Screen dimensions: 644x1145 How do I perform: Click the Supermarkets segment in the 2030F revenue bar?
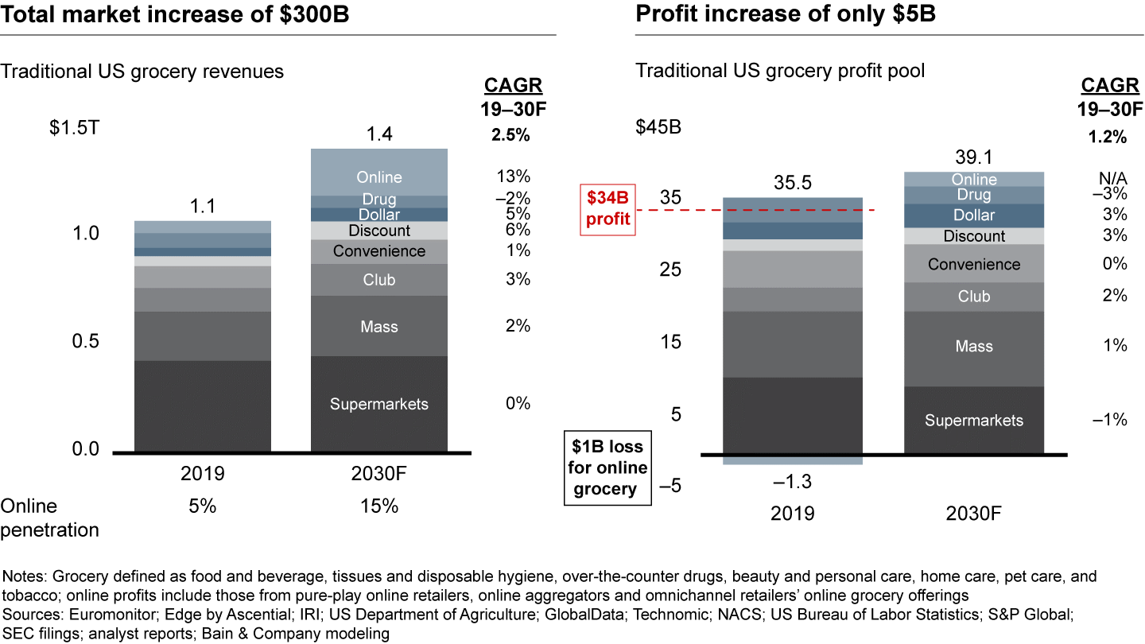point(379,404)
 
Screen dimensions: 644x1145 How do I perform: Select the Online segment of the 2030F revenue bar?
point(379,177)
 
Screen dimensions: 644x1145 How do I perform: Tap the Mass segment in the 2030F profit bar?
point(974,347)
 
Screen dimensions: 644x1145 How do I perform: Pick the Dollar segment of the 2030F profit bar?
point(974,215)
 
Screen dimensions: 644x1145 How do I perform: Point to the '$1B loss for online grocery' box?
point(608,467)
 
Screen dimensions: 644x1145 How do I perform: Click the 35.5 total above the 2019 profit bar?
point(793,183)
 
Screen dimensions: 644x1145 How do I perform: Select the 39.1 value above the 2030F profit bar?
point(974,157)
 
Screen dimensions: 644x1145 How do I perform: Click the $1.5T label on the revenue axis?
point(75,127)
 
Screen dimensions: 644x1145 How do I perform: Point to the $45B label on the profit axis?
point(658,127)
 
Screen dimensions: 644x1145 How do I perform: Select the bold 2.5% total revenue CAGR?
point(510,135)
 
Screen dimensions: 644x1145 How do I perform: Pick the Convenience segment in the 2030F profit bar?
point(974,264)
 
